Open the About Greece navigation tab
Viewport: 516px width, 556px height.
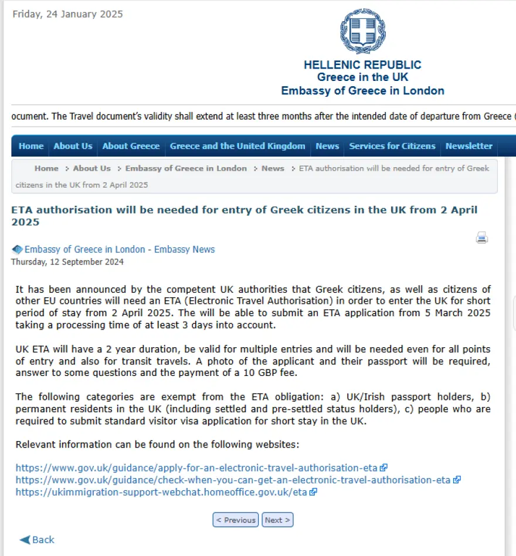click(x=131, y=146)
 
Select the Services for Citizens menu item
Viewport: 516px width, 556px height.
click(x=392, y=146)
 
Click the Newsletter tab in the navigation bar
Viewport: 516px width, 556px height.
click(x=469, y=146)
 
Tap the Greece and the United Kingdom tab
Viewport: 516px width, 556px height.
click(x=237, y=146)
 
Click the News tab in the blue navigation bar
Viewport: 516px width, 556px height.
click(x=327, y=146)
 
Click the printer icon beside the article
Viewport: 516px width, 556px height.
click(x=482, y=238)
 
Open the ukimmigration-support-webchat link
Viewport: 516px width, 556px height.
click(x=161, y=492)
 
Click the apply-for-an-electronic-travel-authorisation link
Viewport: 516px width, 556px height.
click(x=196, y=468)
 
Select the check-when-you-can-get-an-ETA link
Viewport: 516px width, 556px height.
click(x=233, y=480)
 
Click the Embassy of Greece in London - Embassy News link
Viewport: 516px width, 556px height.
click(x=120, y=249)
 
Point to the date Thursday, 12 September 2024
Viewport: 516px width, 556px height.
click(x=67, y=262)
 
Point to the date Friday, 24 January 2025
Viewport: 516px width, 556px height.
click(x=68, y=14)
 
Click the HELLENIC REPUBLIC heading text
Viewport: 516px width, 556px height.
click(x=362, y=65)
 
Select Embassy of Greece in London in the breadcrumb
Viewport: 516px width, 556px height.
click(x=186, y=168)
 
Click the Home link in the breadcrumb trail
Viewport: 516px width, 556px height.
click(x=46, y=168)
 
